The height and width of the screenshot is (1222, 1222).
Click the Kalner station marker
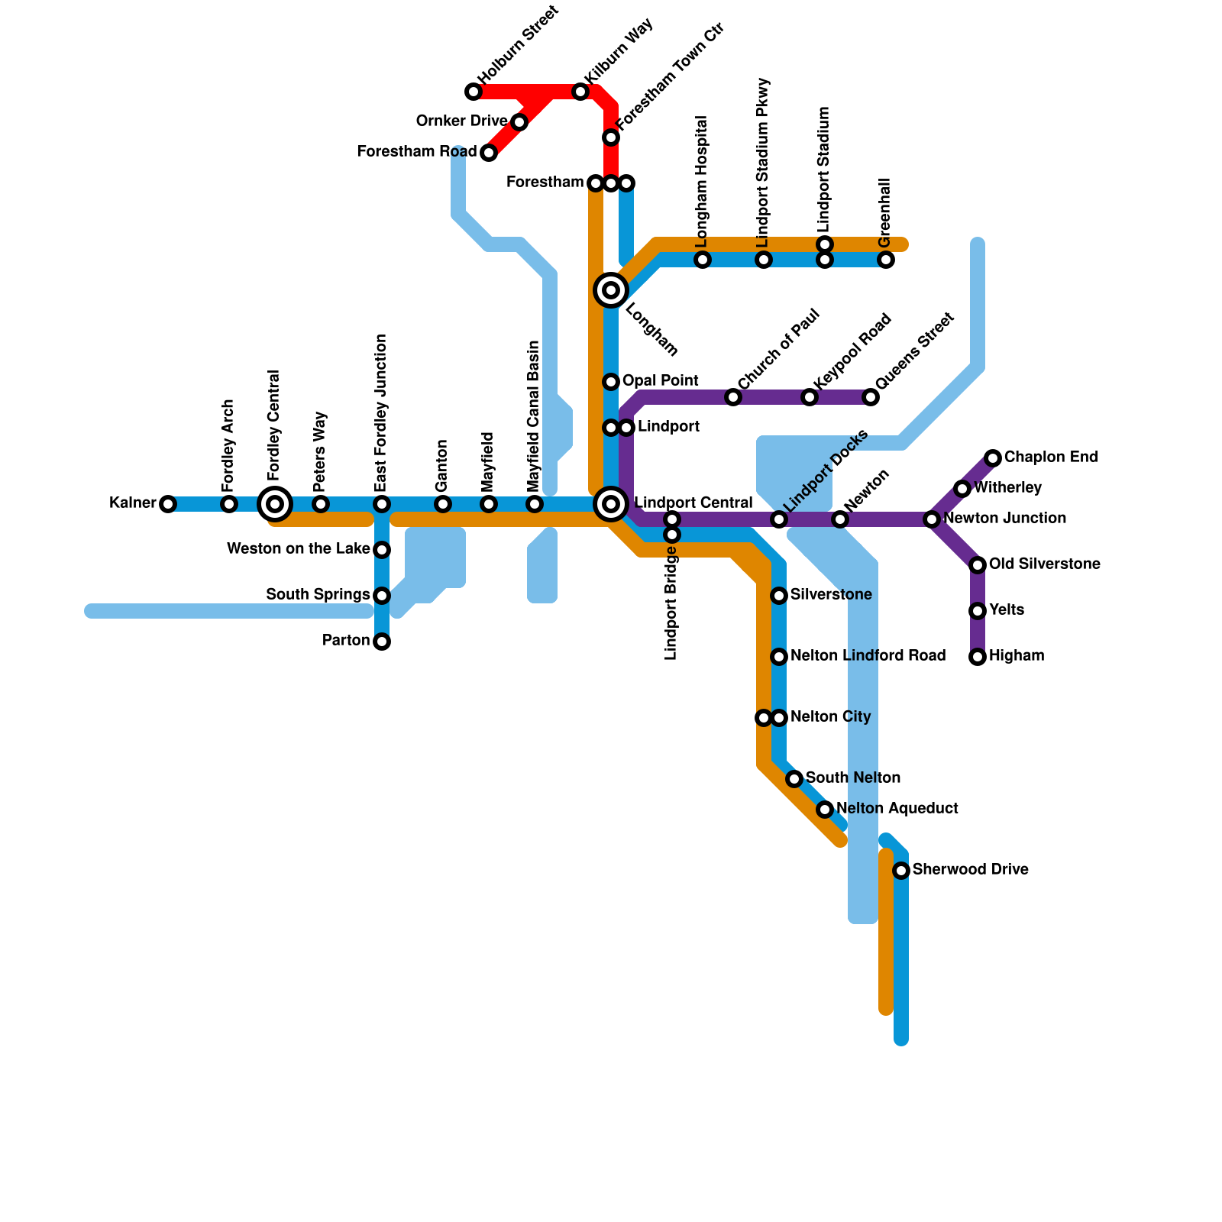click(x=168, y=504)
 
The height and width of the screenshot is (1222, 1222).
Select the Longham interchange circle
click(x=611, y=290)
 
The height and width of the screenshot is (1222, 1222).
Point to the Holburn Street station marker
click(x=474, y=92)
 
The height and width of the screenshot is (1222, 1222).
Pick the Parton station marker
click(x=382, y=642)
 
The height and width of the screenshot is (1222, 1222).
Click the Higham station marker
click(x=978, y=657)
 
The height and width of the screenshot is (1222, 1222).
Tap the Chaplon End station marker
click(x=993, y=458)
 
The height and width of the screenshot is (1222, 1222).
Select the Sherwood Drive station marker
click(x=901, y=871)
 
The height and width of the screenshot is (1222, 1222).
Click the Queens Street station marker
click(x=871, y=397)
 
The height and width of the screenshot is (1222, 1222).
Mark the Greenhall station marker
click(x=886, y=260)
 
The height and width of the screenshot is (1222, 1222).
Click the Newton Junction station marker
click(x=932, y=519)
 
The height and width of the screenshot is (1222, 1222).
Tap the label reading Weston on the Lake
click(x=298, y=549)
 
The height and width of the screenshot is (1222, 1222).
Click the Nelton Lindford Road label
click(x=868, y=656)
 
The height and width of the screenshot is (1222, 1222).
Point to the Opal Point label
click(x=660, y=381)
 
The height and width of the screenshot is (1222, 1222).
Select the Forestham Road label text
click(x=416, y=152)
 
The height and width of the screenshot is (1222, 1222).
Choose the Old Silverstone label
click(x=1044, y=564)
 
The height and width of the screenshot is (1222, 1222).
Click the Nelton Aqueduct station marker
click(x=825, y=810)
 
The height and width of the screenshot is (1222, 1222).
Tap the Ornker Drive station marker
click(x=519, y=122)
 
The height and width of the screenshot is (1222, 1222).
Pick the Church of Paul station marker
click(x=733, y=397)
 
